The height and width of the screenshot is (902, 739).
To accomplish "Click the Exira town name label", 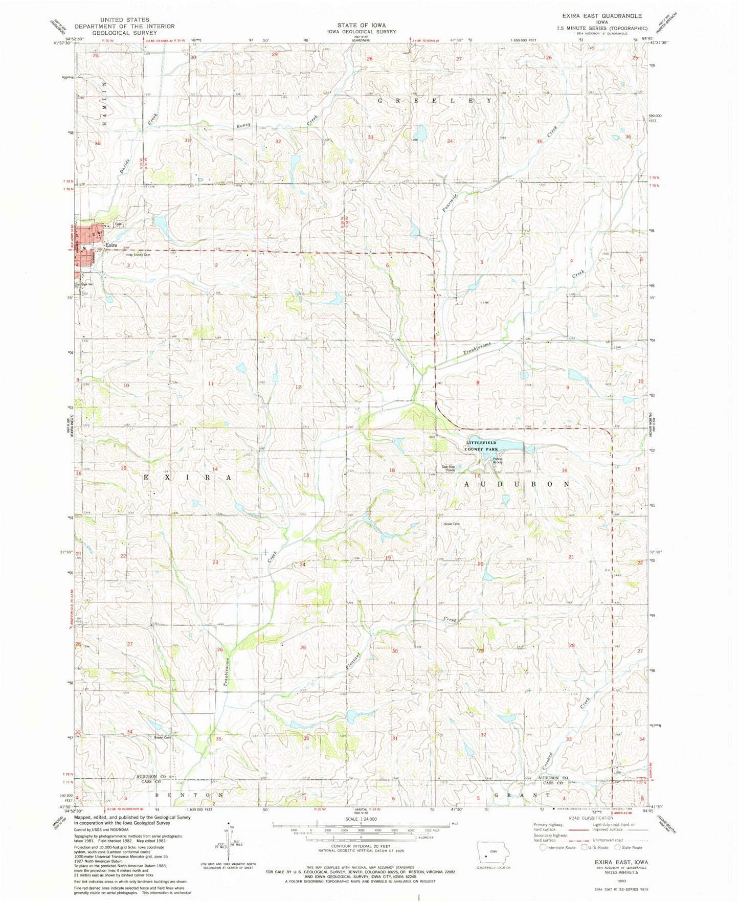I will tap(111, 245).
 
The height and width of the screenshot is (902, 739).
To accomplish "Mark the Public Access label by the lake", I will tap(498, 460).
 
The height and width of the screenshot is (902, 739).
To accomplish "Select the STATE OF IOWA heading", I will tap(361, 25).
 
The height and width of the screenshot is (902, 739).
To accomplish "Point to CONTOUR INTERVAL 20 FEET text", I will tap(361, 846).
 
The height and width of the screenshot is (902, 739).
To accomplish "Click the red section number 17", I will tap(477, 476).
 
